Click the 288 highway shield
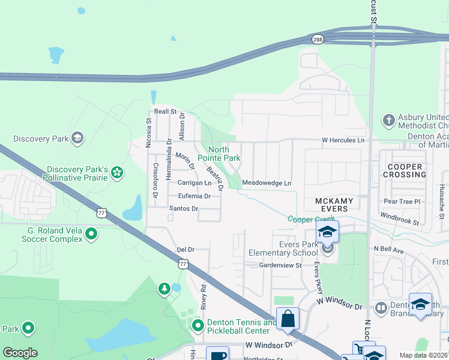click(317, 39)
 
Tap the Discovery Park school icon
click(76, 139)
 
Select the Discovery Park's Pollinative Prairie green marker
click(117, 173)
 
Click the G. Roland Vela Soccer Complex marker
click(91, 233)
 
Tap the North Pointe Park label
click(224, 154)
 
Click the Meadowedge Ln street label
click(266, 183)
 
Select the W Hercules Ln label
click(343, 140)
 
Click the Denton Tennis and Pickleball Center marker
click(197, 326)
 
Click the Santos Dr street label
click(183, 208)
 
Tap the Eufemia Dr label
click(194, 196)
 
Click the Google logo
click(20, 353)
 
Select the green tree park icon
click(164, 290)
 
